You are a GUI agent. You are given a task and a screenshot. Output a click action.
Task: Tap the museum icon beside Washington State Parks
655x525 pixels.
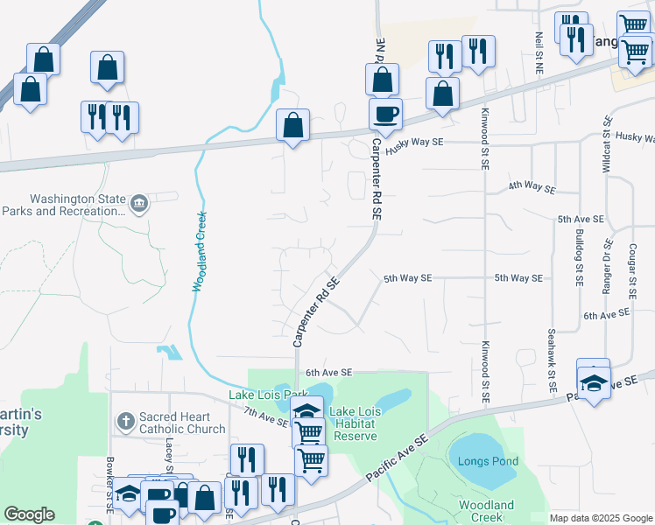tap(138, 204)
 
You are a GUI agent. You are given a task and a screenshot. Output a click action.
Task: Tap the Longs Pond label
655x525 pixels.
tap(487, 461)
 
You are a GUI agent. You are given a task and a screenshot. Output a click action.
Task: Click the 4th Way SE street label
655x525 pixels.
tap(532, 187)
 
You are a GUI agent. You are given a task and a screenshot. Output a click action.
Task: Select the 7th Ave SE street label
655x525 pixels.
tap(265, 416)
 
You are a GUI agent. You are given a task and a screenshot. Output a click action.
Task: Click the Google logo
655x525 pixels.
tap(30, 514)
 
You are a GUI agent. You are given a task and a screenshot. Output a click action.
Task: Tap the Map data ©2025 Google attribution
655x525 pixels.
tap(600, 518)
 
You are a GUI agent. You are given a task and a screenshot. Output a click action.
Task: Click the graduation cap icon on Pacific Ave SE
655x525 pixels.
tap(594, 382)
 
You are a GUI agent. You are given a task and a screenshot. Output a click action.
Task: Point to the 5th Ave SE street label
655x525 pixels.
tap(580, 219)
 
